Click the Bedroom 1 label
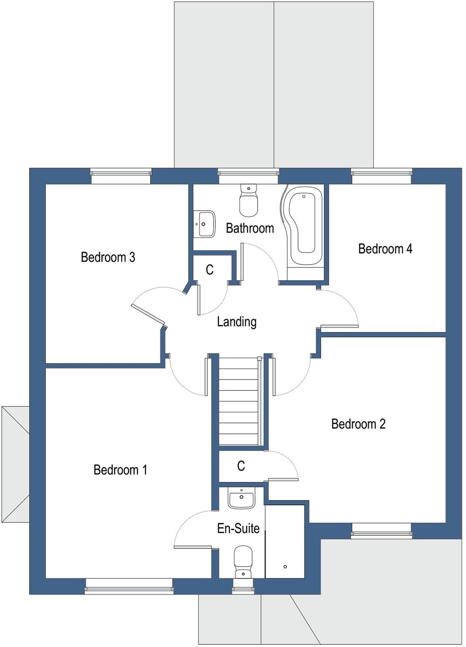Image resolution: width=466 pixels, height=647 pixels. [x=120, y=470]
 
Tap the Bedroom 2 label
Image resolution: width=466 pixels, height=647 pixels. [x=358, y=424]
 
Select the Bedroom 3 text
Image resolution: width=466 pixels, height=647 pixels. [x=108, y=257]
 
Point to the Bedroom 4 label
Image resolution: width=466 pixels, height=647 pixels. [x=385, y=249]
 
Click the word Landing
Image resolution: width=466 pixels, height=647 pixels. [x=237, y=322]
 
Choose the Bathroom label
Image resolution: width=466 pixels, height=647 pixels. [x=250, y=228]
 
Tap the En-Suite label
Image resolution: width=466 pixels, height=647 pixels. [x=238, y=528]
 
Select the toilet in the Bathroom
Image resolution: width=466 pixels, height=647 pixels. [x=248, y=201]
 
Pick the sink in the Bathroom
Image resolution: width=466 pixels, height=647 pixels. [x=205, y=224]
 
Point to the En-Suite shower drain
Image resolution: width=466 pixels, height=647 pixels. [x=286, y=567]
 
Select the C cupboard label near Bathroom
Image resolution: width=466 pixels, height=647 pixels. [x=210, y=270]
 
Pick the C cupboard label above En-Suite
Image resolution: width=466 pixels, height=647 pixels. [x=241, y=466]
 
